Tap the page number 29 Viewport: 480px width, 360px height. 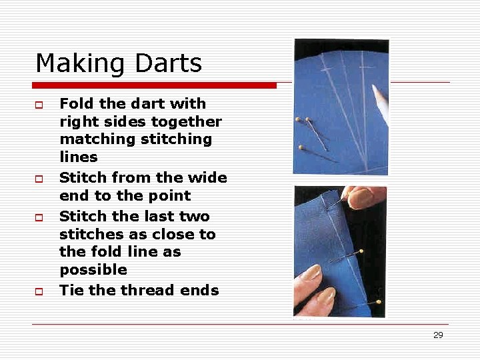point(438,335)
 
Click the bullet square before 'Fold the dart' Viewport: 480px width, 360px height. point(39,105)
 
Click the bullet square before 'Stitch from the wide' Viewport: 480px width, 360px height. point(39,179)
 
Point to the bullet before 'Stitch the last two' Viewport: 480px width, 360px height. point(39,218)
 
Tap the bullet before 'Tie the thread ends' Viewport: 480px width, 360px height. point(39,292)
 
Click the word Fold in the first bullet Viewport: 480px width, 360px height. point(75,103)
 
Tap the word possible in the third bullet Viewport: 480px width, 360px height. point(93,270)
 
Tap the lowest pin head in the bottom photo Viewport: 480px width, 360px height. point(379,301)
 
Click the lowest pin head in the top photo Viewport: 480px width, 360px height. point(301,147)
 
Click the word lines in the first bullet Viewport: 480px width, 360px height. point(79,157)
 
